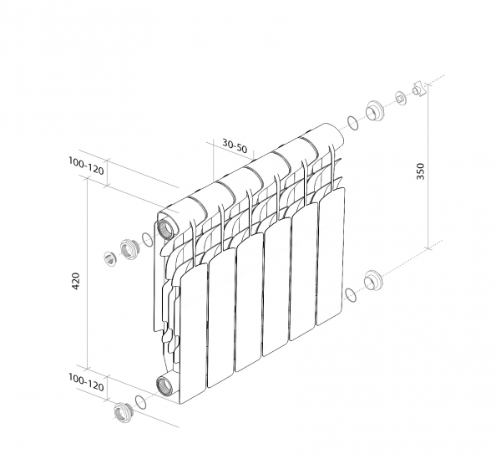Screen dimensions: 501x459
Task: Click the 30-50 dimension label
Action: click(x=235, y=145)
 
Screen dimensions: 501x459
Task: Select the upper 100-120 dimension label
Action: click(x=86, y=166)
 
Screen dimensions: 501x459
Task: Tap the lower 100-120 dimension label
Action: click(x=86, y=382)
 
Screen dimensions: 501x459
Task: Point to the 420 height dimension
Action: click(x=76, y=281)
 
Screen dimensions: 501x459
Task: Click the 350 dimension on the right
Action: click(x=421, y=171)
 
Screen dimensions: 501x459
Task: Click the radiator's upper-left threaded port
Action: click(x=166, y=228)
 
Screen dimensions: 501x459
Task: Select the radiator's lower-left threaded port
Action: click(x=164, y=385)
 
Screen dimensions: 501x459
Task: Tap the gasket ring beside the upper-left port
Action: click(x=147, y=240)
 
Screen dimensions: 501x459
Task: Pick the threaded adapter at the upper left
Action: click(x=129, y=249)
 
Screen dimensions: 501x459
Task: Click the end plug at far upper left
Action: click(x=110, y=258)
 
